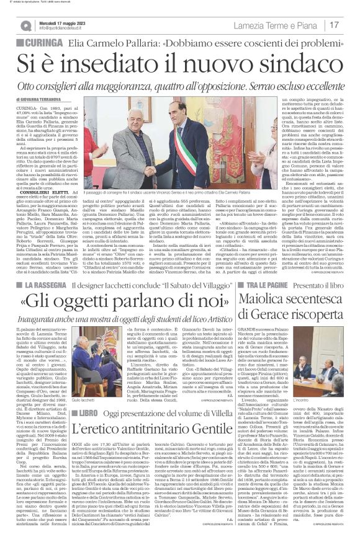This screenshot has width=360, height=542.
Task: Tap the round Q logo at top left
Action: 25,26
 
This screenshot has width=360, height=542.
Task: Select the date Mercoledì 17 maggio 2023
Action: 61,22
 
